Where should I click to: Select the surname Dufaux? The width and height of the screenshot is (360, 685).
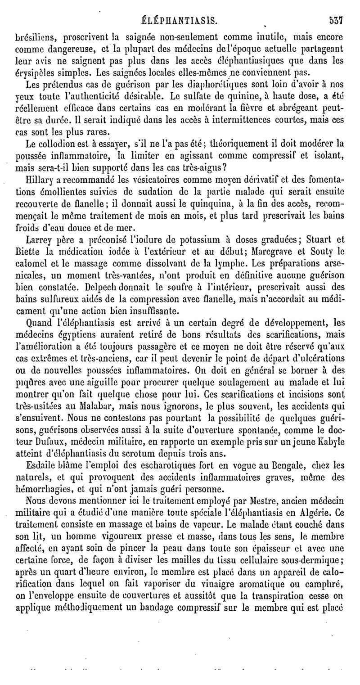(x=56, y=442)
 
